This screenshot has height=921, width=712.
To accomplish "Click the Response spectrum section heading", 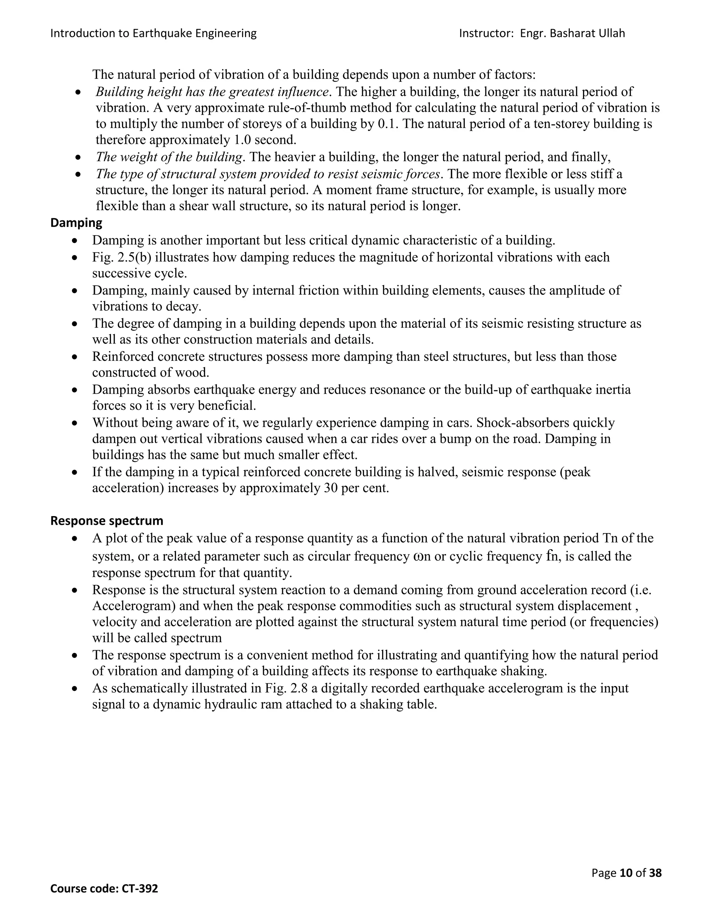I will pos(107,521).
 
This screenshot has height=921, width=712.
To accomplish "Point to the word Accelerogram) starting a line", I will pos(132,606).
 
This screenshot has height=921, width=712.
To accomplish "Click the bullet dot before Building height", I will pos(78,92).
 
